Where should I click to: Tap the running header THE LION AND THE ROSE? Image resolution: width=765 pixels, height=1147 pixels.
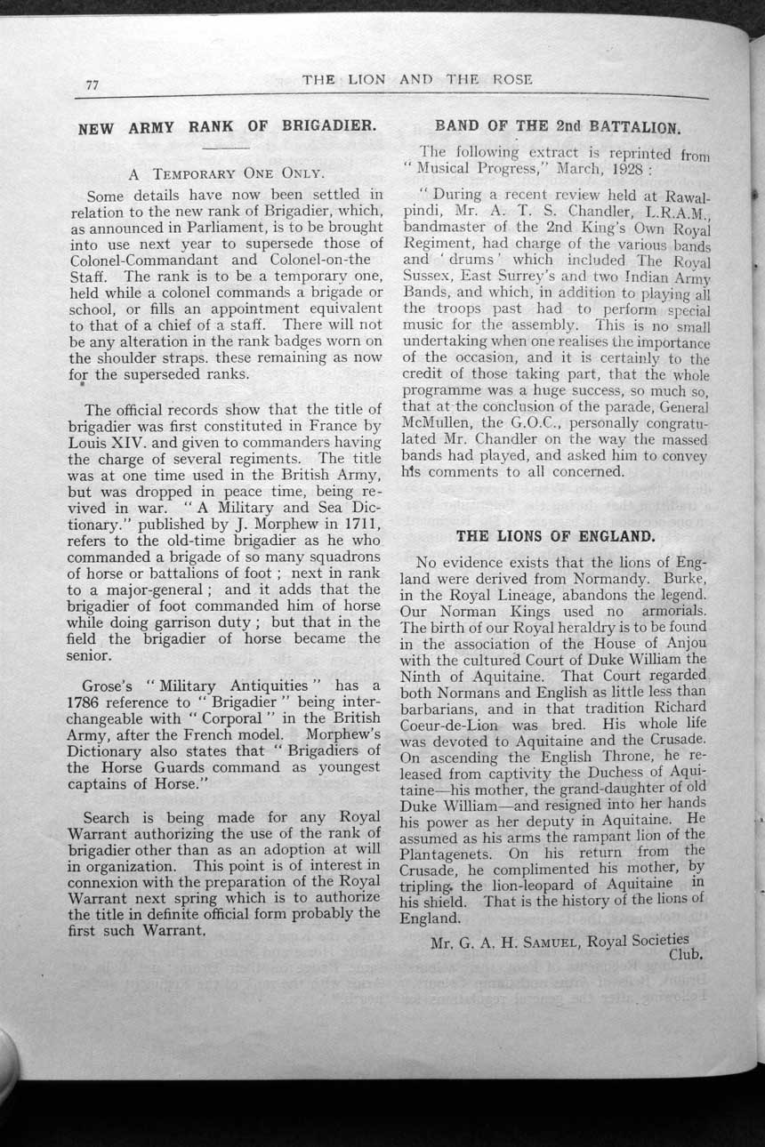coord(417,80)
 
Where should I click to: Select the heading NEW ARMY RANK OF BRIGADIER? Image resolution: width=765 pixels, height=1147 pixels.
coord(226,126)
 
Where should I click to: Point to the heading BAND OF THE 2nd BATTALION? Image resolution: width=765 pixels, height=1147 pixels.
coord(559,127)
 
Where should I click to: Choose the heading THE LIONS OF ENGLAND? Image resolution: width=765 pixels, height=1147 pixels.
coord(555,536)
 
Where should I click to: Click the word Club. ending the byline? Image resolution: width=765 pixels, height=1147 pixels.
coord(685,956)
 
